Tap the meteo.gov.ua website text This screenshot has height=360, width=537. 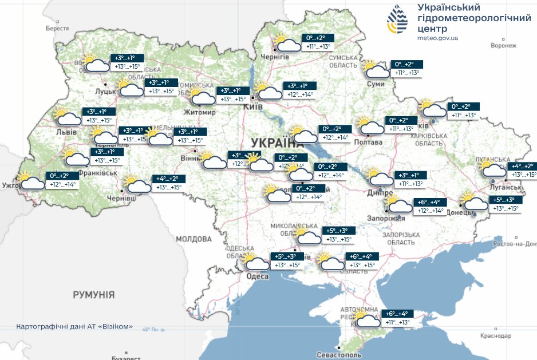438,38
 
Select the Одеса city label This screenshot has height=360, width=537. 257,276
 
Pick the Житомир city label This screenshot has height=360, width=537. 200,112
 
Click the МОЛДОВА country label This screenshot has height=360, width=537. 194,239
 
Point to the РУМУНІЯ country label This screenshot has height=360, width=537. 93,295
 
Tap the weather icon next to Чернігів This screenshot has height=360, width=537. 286,43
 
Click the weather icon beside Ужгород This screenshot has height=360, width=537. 30,180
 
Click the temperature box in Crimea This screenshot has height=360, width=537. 396,318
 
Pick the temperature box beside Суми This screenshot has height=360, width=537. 408,68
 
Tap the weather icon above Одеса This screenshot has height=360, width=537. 254,261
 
